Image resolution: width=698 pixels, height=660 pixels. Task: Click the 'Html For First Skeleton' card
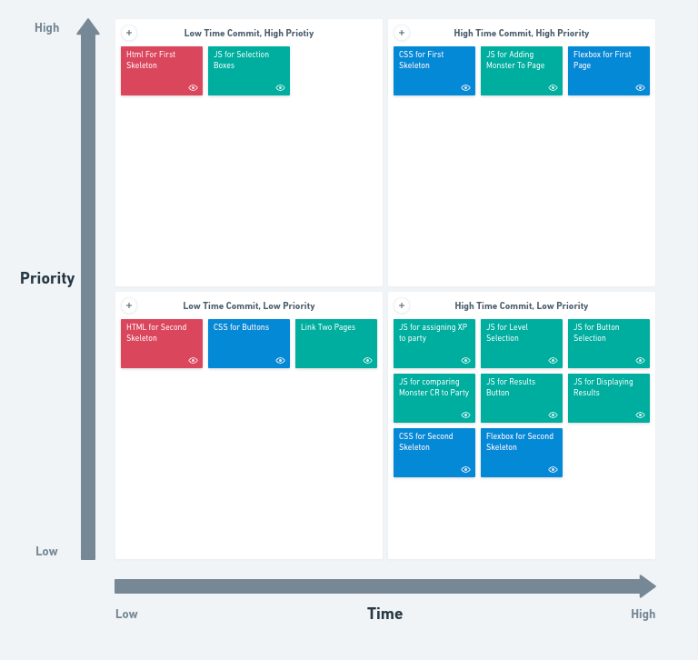[x=161, y=70]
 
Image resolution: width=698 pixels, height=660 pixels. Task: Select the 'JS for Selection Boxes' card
[x=248, y=70]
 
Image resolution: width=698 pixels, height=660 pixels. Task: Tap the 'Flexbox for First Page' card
[x=608, y=70]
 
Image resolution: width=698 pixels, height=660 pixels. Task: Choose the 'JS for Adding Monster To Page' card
[x=521, y=70]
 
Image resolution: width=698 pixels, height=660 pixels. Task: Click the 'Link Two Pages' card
[x=335, y=343]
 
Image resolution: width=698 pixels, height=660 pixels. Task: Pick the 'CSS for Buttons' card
[x=248, y=343]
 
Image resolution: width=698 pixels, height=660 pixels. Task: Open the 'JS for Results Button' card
[x=521, y=397]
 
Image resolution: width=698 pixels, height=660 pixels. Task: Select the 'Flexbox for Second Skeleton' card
[x=521, y=452]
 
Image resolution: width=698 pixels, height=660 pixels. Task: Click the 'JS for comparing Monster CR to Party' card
[x=434, y=397]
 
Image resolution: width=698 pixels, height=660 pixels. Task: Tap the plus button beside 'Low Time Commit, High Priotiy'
[x=129, y=33]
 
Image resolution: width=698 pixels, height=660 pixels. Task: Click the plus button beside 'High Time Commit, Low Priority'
[x=402, y=305]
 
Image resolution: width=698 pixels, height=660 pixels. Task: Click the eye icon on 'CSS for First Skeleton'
[x=465, y=88]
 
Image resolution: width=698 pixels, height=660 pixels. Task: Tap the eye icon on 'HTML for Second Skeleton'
[x=193, y=361]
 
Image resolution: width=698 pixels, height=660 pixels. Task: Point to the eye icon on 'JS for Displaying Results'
[x=640, y=415]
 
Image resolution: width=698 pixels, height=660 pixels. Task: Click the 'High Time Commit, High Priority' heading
[x=521, y=34]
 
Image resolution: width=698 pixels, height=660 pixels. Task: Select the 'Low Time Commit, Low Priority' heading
[x=249, y=306]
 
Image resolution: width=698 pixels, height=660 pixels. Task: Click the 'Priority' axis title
[x=47, y=278]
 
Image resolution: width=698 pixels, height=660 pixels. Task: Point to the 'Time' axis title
[x=384, y=614]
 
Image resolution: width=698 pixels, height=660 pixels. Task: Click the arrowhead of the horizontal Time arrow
[x=647, y=586]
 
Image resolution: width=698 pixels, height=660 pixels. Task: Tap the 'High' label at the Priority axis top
[x=47, y=28]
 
